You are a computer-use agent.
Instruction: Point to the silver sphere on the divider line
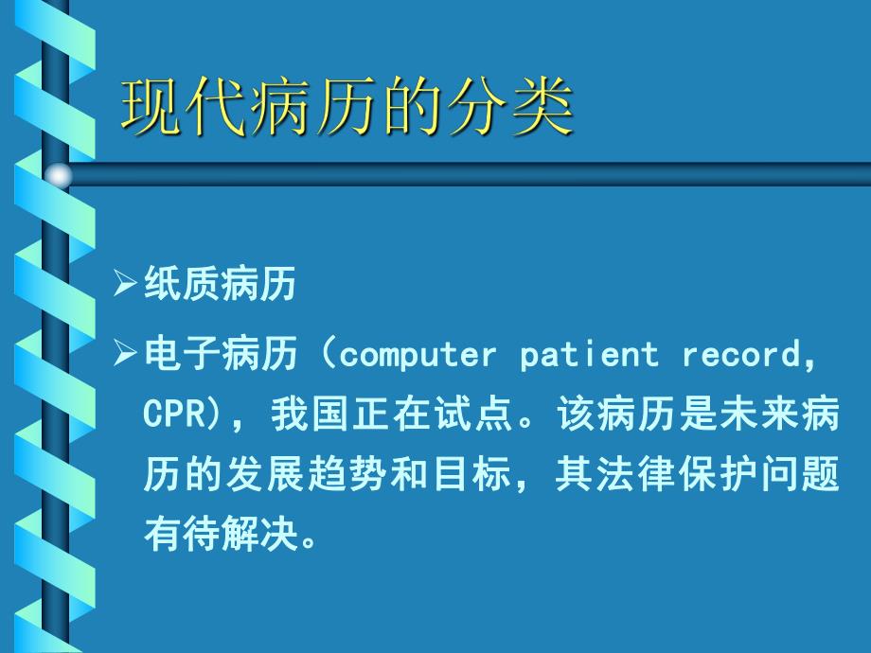pos(59,175)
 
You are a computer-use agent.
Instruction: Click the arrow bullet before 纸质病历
pos(125,284)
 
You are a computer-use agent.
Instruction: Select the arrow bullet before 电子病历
pos(125,356)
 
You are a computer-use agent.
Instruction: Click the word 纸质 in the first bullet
pos(182,284)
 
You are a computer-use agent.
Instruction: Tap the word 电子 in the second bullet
pos(182,356)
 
